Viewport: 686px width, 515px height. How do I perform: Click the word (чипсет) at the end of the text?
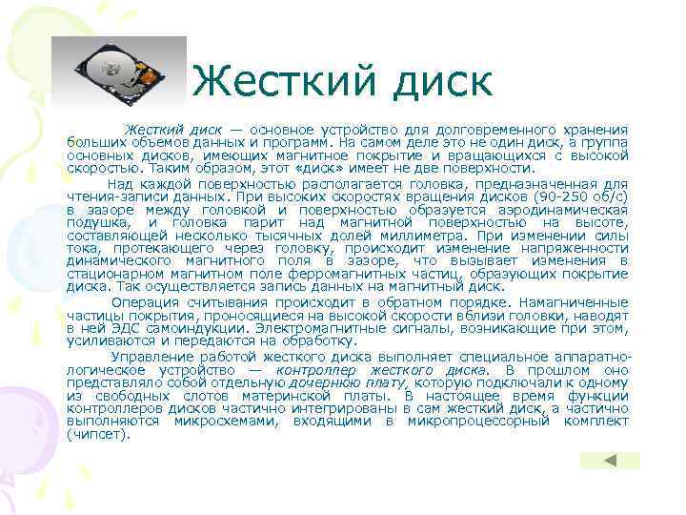(x=96, y=434)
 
